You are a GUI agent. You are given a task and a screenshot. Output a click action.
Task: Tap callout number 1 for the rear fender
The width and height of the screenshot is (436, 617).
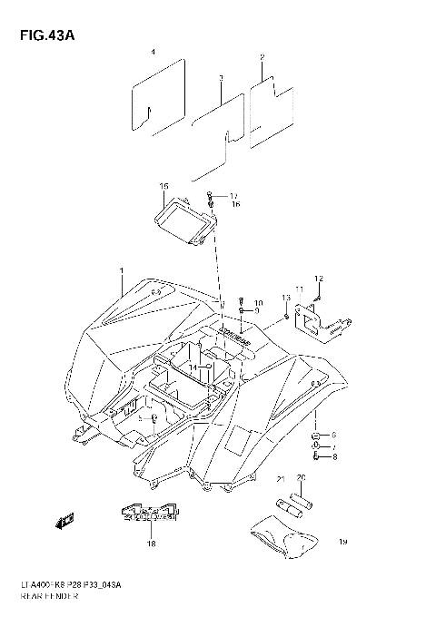coord(121,271)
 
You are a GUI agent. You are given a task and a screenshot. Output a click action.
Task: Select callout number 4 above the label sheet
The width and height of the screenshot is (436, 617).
coord(154,54)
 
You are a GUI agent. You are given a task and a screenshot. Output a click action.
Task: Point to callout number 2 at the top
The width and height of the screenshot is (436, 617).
coord(262,58)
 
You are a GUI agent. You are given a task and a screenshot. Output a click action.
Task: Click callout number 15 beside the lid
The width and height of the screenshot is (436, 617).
coord(163,186)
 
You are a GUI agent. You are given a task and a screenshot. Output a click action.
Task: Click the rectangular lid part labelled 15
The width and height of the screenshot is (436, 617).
coord(181,221)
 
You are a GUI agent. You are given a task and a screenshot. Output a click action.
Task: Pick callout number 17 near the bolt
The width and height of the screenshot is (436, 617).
coord(233,196)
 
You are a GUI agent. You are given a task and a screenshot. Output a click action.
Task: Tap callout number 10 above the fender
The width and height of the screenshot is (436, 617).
coord(258,302)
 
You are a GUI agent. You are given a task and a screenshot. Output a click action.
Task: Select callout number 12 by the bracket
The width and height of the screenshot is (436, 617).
coord(319,278)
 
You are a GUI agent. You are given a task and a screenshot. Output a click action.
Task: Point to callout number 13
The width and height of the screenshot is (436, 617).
coord(284,297)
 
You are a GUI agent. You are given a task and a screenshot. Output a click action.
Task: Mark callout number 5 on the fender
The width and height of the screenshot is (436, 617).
coord(140,417)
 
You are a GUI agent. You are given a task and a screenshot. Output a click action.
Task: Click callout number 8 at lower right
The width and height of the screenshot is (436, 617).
coord(333,456)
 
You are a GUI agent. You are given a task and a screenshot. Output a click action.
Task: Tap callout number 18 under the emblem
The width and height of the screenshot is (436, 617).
coord(152,544)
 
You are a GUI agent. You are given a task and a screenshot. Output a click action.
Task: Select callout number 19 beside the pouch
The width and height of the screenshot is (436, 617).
coord(343,542)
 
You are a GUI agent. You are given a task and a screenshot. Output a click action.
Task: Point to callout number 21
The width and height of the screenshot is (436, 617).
coord(282,479)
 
